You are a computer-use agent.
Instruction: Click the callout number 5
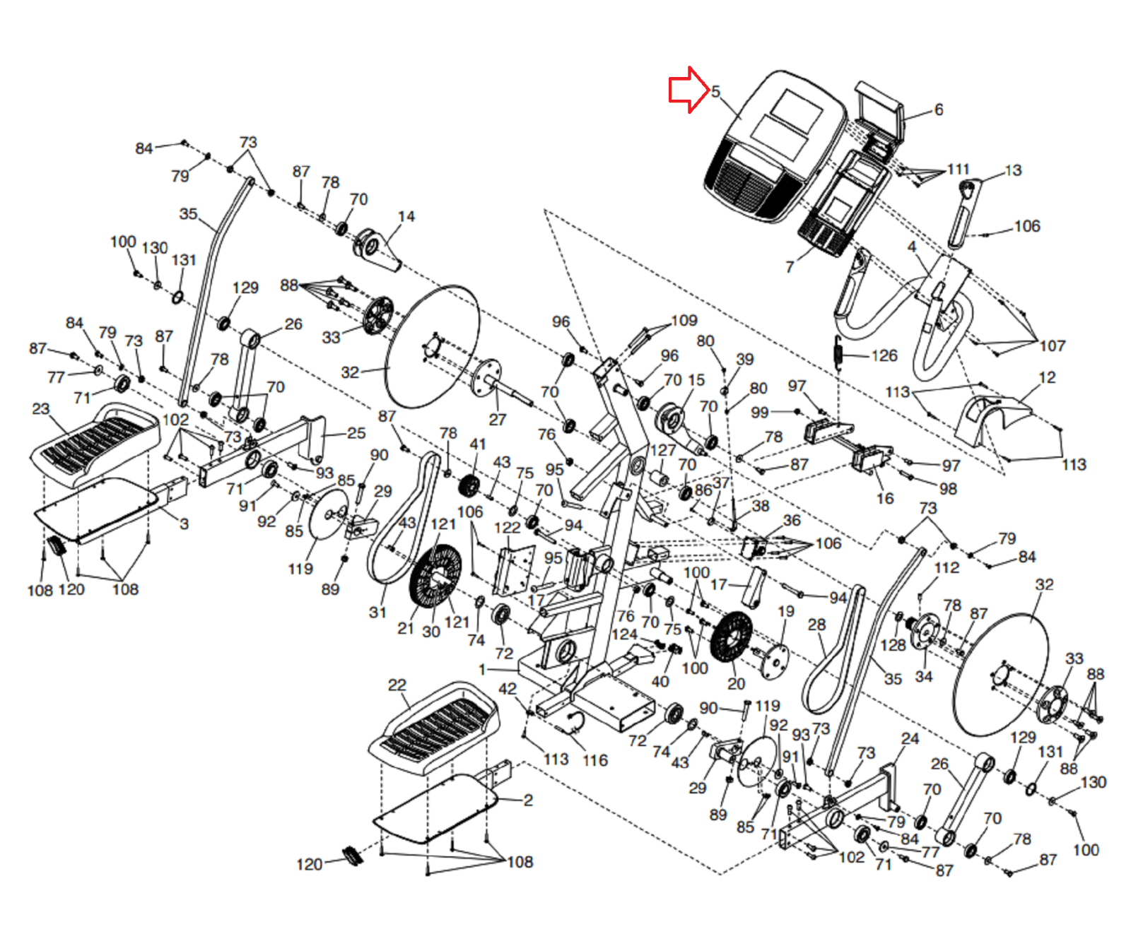tap(715, 92)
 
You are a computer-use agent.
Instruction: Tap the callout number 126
tap(884, 355)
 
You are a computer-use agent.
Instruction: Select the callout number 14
tap(406, 217)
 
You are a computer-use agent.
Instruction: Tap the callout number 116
tap(594, 760)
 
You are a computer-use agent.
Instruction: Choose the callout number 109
tap(684, 321)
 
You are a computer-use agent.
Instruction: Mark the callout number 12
tap(1047, 378)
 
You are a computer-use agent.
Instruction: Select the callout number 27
tap(498, 420)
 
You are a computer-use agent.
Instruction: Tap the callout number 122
tap(507, 528)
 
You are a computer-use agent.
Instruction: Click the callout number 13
tap(1013, 170)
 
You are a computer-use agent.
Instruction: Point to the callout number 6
tap(939, 110)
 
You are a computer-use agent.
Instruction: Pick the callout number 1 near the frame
tap(482, 669)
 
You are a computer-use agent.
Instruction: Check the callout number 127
tap(663, 450)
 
